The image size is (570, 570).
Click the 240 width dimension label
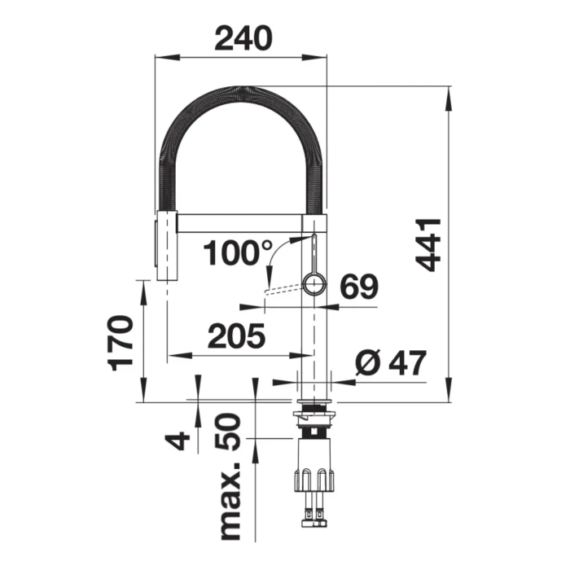243,38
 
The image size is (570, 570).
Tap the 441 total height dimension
427,245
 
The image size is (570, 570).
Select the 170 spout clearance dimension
121,343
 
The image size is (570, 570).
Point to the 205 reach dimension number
236,335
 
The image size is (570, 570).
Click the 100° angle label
238,252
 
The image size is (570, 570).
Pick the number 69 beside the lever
359,287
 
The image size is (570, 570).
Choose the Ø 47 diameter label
390,363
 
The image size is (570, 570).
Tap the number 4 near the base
178,441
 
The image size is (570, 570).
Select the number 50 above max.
228,432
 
